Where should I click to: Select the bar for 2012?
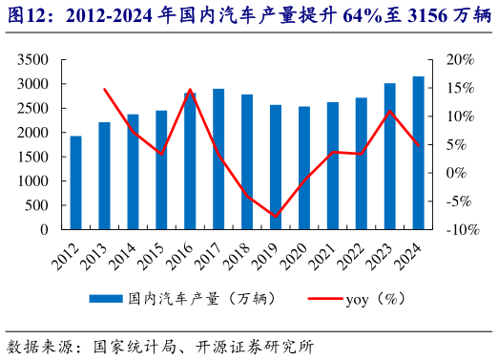pyautogui.click(x=75, y=182)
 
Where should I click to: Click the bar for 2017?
pyautogui.click(x=218, y=159)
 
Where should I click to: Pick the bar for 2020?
pyautogui.click(x=303, y=168)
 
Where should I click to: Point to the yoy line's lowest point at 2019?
pyautogui.click(x=276, y=217)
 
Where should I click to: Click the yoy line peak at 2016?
pyautogui.click(x=190, y=90)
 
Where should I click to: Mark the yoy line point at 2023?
pyautogui.click(x=390, y=112)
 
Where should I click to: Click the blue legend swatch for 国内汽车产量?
pyautogui.click(x=106, y=299)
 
